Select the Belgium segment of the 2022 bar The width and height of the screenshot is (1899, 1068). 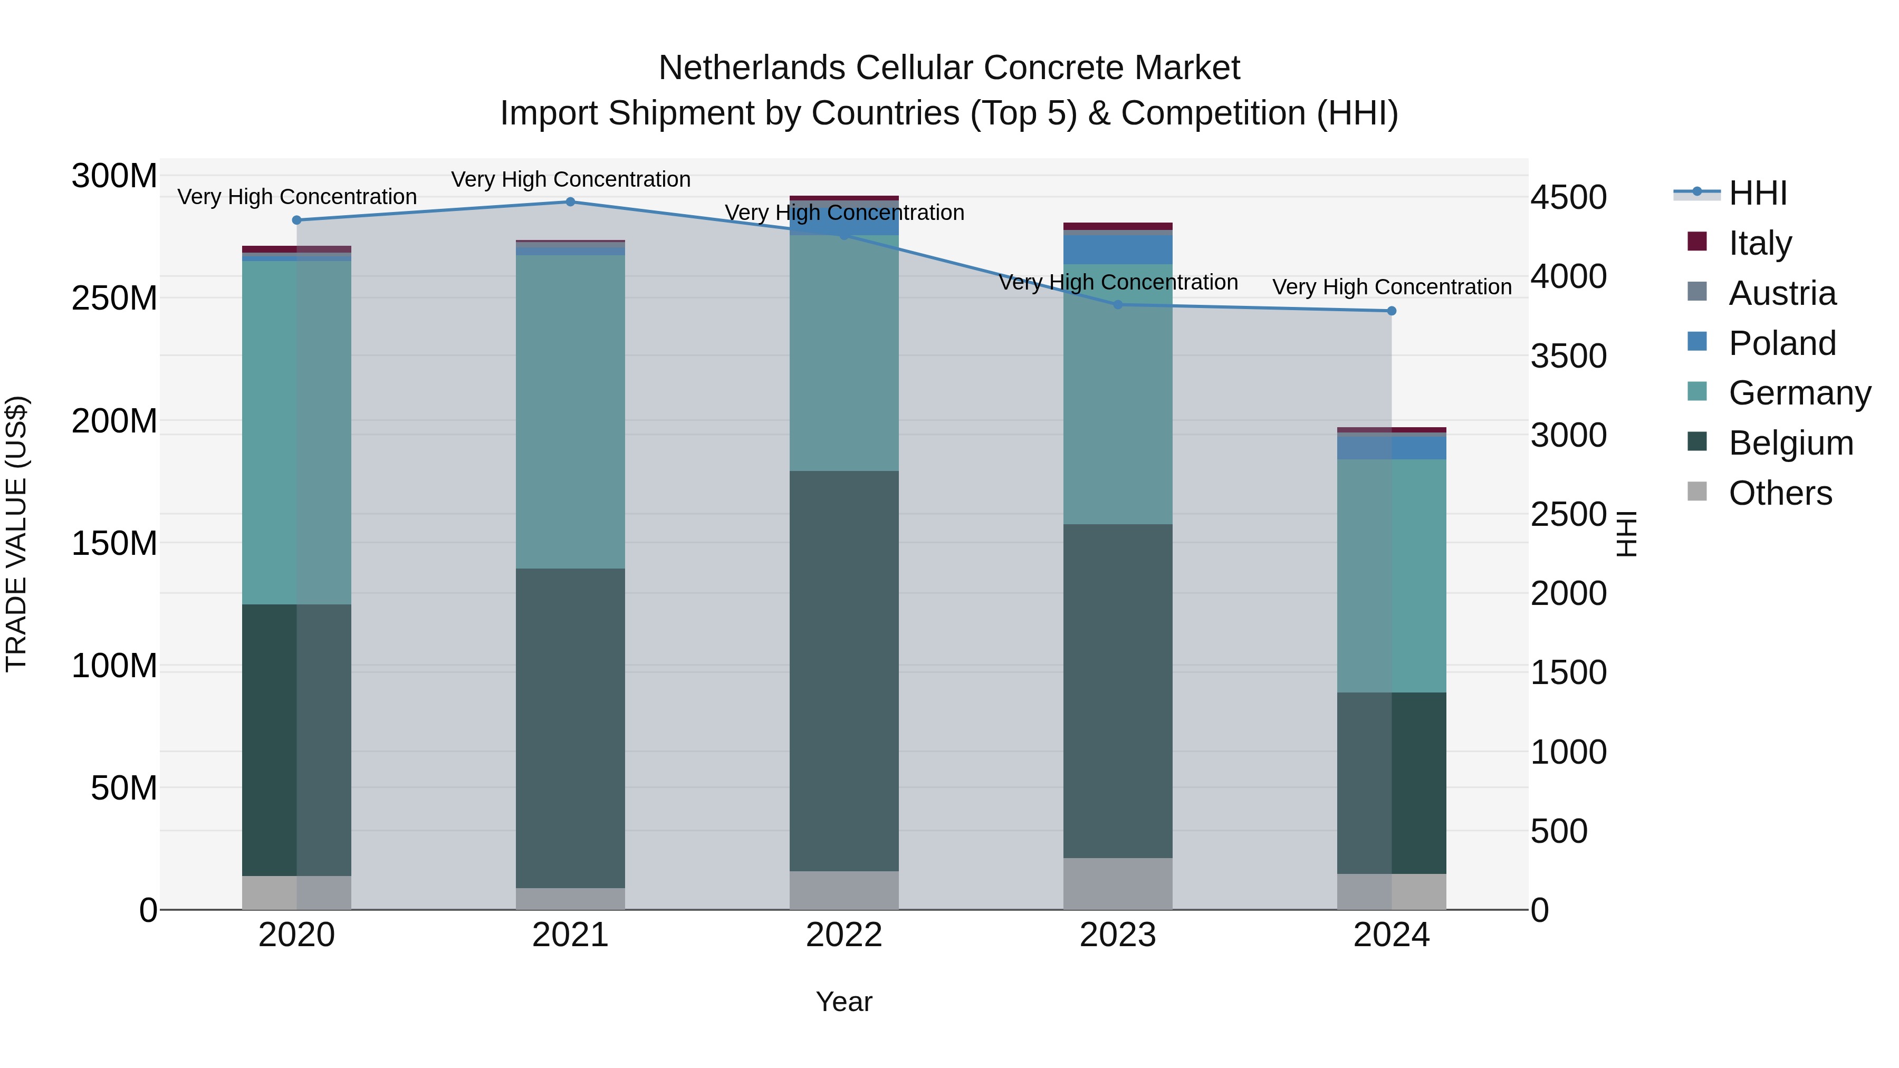pyautogui.click(x=844, y=671)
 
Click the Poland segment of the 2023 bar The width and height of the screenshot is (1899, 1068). pyautogui.click(x=1118, y=249)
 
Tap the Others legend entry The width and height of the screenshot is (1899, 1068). pyautogui.click(x=1780, y=493)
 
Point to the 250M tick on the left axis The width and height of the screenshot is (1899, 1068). pyautogui.click(x=114, y=299)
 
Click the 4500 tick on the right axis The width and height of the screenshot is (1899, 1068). pyautogui.click(x=1568, y=198)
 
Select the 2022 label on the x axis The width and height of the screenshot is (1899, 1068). pyautogui.click(x=844, y=935)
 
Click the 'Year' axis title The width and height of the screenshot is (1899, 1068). pyautogui.click(x=844, y=1002)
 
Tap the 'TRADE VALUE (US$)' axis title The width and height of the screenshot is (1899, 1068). pyautogui.click(x=16, y=534)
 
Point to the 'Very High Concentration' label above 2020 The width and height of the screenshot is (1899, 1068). pyautogui.click(x=297, y=197)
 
